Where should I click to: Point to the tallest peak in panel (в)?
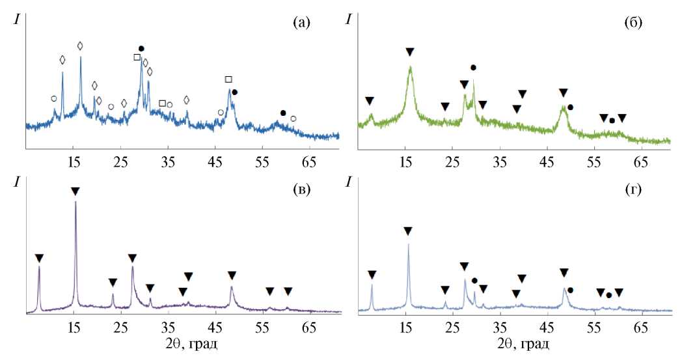[x=75, y=202]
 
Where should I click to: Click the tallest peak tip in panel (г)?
[x=408, y=245]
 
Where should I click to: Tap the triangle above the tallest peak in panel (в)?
[x=75, y=191]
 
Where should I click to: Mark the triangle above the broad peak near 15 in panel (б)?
[x=409, y=51]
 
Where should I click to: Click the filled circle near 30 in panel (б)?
[x=473, y=68]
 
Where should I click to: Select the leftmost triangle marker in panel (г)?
[x=372, y=275]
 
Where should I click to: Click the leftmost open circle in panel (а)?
[x=53, y=99]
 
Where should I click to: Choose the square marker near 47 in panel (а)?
[x=228, y=79]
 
